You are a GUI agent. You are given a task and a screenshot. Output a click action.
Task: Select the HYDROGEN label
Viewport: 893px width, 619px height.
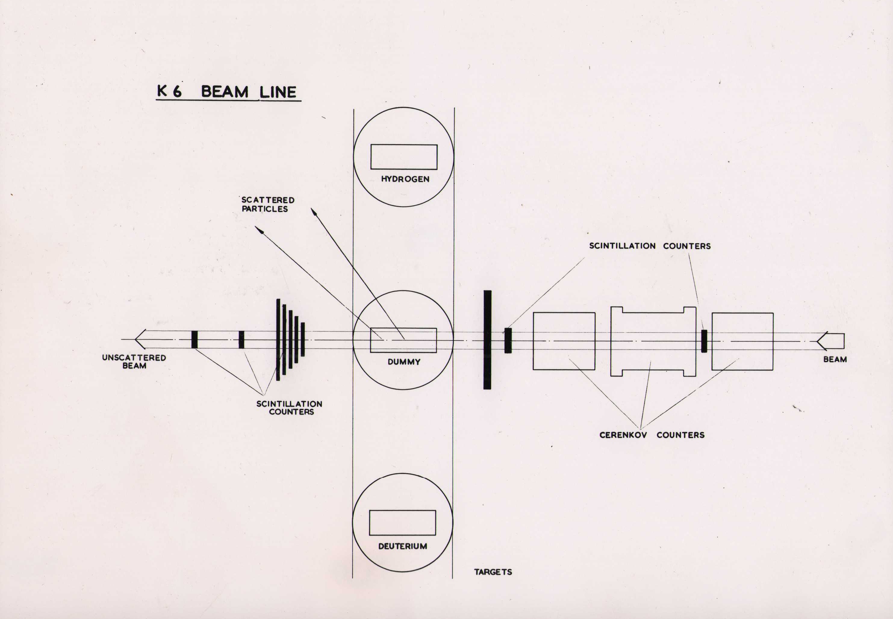pos(405,179)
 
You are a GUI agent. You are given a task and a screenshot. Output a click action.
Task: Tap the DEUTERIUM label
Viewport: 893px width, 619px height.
pos(403,546)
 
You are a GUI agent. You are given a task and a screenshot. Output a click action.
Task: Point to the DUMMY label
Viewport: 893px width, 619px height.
pos(404,362)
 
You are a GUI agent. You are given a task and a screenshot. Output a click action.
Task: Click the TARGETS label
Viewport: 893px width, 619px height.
pos(493,572)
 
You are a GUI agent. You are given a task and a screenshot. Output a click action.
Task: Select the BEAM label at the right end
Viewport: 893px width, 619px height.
pos(835,359)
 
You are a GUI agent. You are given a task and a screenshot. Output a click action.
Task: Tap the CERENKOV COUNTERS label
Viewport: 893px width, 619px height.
pos(652,435)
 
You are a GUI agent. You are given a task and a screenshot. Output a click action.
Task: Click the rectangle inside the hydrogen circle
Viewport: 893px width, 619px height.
pos(404,157)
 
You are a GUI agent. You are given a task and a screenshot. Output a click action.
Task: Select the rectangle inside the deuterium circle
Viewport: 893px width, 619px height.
pos(402,523)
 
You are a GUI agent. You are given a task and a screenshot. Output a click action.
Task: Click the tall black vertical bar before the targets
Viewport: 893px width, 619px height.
pos(487,340)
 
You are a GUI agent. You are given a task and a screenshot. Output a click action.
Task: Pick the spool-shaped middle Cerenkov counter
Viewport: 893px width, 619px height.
pos(653,342)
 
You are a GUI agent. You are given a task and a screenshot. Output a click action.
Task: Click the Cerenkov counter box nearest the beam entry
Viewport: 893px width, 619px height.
pos(742,342)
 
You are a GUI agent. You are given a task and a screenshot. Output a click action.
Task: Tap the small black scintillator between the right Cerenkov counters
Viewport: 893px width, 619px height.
pos(704,341)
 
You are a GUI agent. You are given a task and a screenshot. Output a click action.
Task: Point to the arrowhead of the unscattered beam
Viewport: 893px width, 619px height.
pos(139,339)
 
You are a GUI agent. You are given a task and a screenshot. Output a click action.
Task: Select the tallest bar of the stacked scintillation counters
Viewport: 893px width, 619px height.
pos(278,340)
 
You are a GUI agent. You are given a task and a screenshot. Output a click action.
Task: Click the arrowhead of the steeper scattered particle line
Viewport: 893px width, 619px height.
pos(313,211)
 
